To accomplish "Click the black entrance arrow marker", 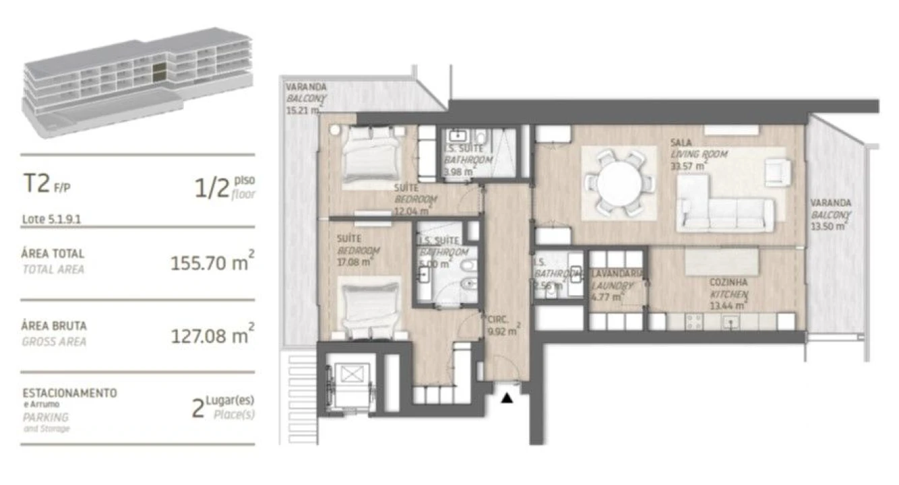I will click(x=507, y=399).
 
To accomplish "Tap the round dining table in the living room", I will click(x=619, y=182).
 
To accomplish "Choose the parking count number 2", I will click(x=197, y=408).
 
